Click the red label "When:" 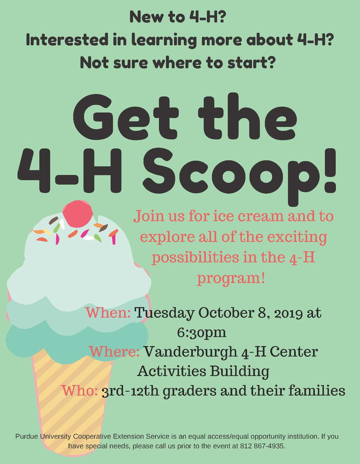[x=108, y=314]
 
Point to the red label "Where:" [x=114, y=352]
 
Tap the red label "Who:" [x=79, y=391]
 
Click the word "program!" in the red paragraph [x=231, y=278]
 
